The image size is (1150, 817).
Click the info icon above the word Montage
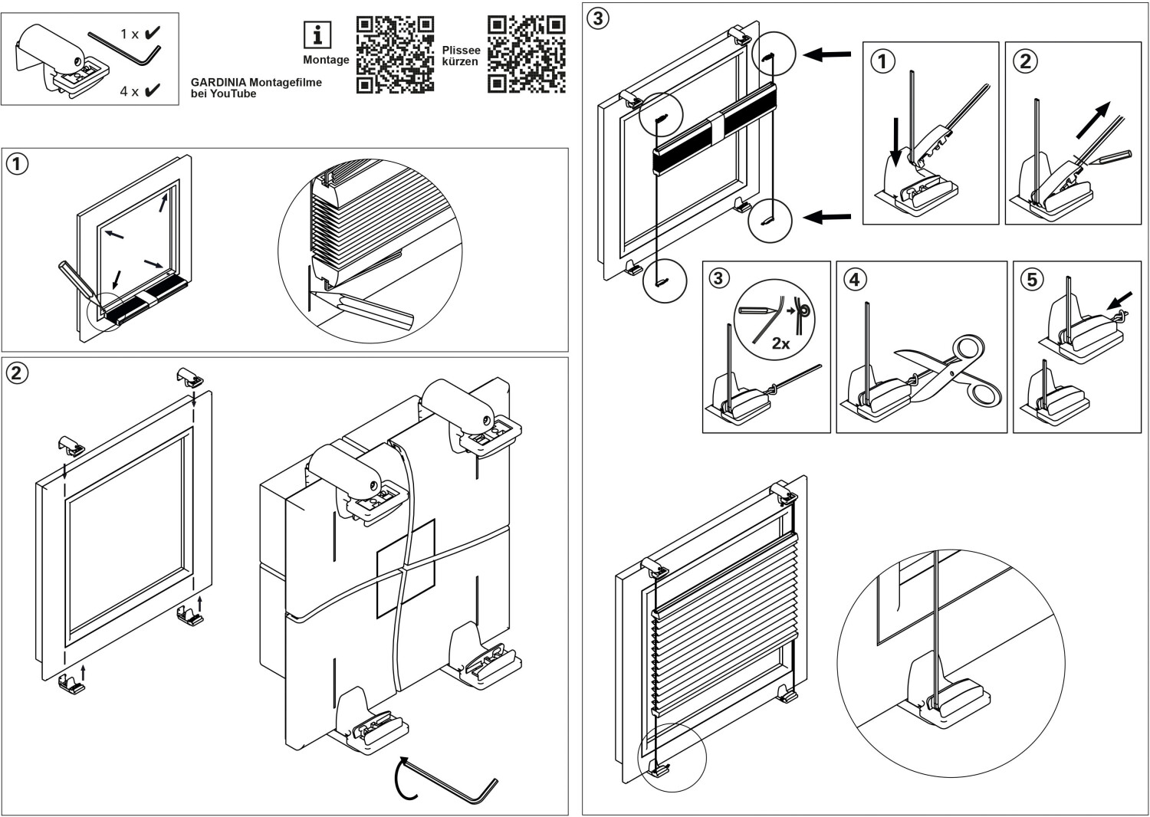[x=317, y=35]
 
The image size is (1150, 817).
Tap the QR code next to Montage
[x=395, y=54]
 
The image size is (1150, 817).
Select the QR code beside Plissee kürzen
[x=527, y=54]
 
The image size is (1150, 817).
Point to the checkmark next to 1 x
[x=152, y=33]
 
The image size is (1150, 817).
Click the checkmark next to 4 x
[x=152, y=91]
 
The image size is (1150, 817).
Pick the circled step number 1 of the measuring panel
[x=17, y=163]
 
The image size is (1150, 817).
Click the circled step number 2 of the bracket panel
[x=17, y=372]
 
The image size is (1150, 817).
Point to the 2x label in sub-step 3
[x=780, y=344]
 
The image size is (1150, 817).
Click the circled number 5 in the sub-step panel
[x=1031, y=279]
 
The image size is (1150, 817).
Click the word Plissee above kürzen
[x=461, y=50]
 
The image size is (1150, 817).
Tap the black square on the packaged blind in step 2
[x=406, y=568]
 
